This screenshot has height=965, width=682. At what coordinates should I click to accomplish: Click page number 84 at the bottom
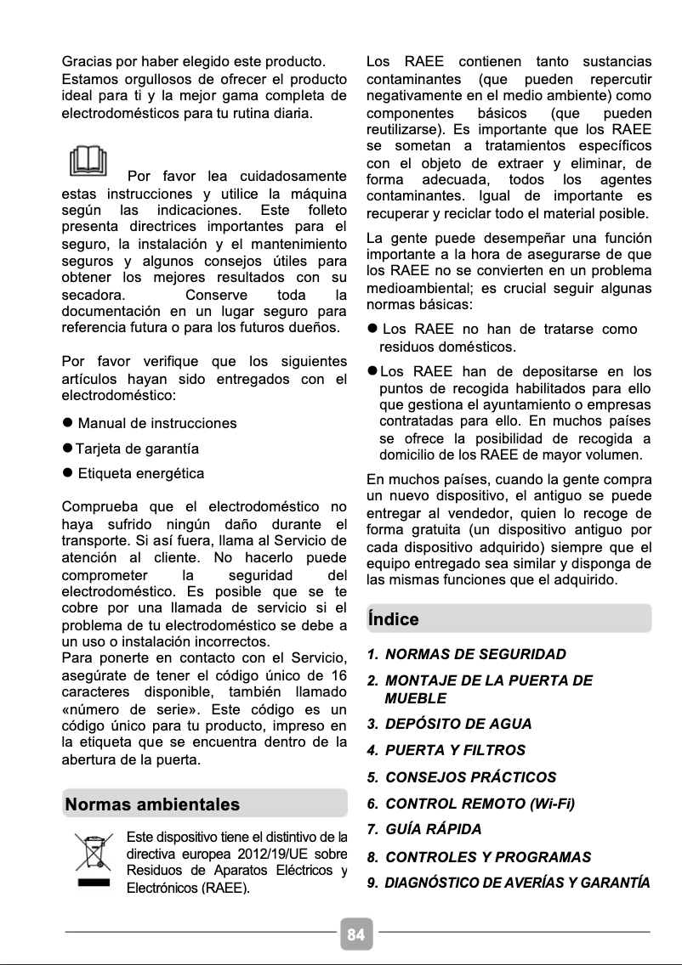pyautogui.click(x=355, y=934)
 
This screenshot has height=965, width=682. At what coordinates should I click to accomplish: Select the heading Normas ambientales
pyautogui.click(x=152, y=804)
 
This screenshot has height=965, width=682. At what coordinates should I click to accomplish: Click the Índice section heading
pyautogui.click(x=393, y=618)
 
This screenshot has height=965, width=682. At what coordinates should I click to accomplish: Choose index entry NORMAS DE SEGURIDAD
pyautogui.click(x=475, y=654)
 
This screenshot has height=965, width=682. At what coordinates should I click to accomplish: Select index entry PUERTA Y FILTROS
pyautogui.click(x=455, y=750)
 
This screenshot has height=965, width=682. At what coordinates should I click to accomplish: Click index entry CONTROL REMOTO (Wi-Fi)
pyautogui.click(x=480, y=803)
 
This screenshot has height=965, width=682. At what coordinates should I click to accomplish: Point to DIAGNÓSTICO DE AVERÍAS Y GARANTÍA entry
pyautogui.click(x=517, y=883)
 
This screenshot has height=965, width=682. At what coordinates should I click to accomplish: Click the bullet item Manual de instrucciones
pyautogui.click(x=157, y=423)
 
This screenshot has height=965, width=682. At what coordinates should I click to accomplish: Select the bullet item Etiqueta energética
pyautogui.click(x=140, y=473)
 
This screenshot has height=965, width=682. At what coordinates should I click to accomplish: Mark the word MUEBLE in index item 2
pyautogui.click(x=415, y=697)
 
